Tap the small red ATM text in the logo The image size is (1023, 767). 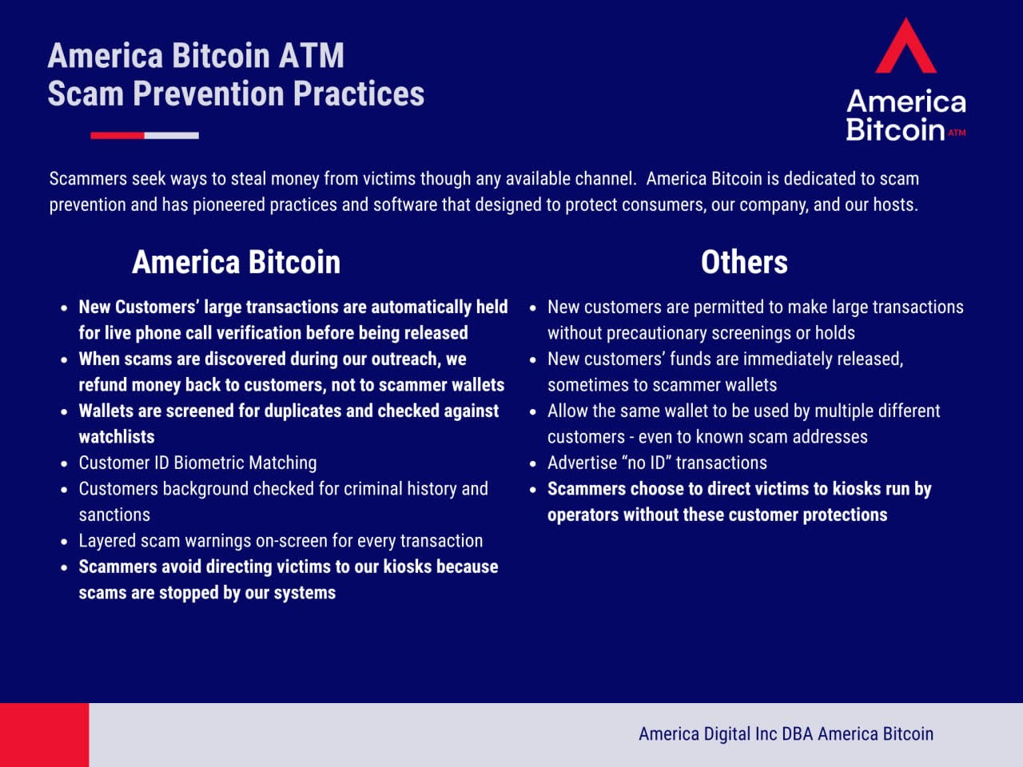957,133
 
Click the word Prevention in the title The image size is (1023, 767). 209,93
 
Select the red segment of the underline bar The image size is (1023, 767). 117,136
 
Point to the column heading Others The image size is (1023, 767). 744,262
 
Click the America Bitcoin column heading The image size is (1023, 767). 237,262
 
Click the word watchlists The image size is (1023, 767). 117,437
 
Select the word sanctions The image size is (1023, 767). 114,515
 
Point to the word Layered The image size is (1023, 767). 107,541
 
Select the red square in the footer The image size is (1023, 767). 44,735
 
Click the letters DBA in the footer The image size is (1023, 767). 798,734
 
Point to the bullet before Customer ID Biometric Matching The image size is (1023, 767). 64,464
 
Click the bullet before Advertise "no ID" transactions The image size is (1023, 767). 533,464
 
